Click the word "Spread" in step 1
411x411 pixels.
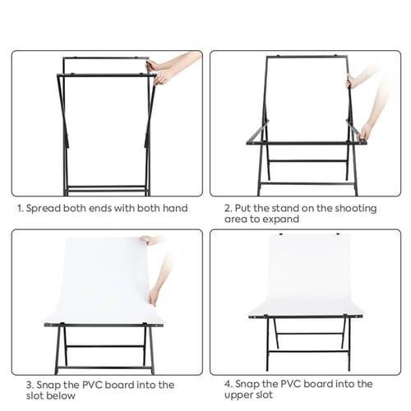click(43, 209)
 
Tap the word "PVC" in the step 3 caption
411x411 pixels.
click(92, 385)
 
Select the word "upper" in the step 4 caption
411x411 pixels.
click(237, 395)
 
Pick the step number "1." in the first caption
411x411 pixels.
click(21, 209)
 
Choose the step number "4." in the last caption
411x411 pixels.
click(229, 384)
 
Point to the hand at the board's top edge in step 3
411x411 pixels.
click(150, 240)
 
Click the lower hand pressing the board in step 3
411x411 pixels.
click(154, 297)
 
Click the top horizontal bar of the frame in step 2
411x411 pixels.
click(307, 57)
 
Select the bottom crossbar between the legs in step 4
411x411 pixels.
click(308, 351)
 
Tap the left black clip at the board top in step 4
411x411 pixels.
click(281, 234)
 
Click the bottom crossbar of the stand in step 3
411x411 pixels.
click(104, 367)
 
